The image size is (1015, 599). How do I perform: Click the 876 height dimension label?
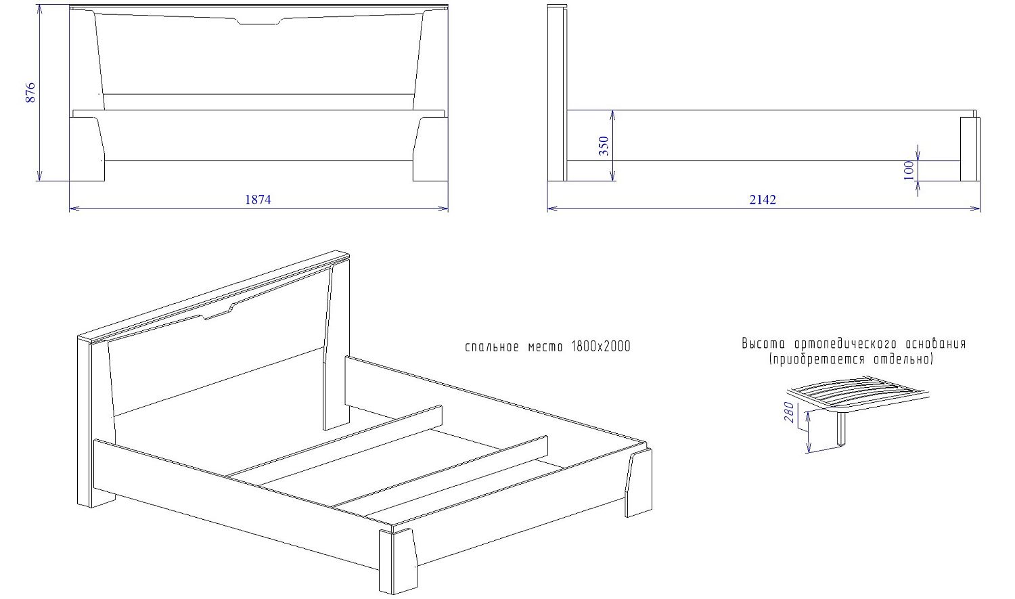click(x=30, y=93)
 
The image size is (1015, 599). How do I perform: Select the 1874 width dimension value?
click(x=258, y=200)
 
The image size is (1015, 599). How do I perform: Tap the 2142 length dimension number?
click(x=763, y=200)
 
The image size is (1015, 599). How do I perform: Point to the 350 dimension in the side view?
click(x=604, y=146)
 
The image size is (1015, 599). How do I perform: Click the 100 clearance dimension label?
click(x=909, y=171)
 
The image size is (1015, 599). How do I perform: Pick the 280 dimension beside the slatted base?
click(x=789, y=412)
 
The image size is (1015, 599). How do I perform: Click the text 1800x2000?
click(x=601, y=347)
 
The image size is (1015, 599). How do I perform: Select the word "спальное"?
click(x=492, y=347)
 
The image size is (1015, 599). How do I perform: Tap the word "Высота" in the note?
click(x=763, y=343)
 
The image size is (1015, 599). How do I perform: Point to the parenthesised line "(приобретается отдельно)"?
click(x=851, y=360)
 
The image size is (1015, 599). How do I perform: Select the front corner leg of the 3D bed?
click(x=397, y=560)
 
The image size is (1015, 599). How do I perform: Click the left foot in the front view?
click(x=87, y=149)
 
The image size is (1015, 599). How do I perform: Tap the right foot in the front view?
click(x=430, y=149)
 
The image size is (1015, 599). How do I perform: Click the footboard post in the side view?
click(x=970, y=149)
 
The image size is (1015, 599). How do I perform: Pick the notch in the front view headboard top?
click(x=259, y=21)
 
